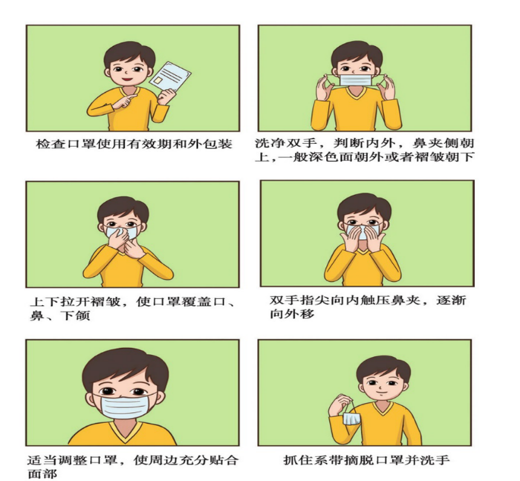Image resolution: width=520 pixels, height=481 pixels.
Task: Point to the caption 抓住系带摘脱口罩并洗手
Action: click(x=366, y=460)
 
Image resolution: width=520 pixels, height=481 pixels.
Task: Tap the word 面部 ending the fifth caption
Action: click(x=41, y=474)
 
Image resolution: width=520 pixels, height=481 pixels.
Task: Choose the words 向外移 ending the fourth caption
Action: click(x=290, y=314)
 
